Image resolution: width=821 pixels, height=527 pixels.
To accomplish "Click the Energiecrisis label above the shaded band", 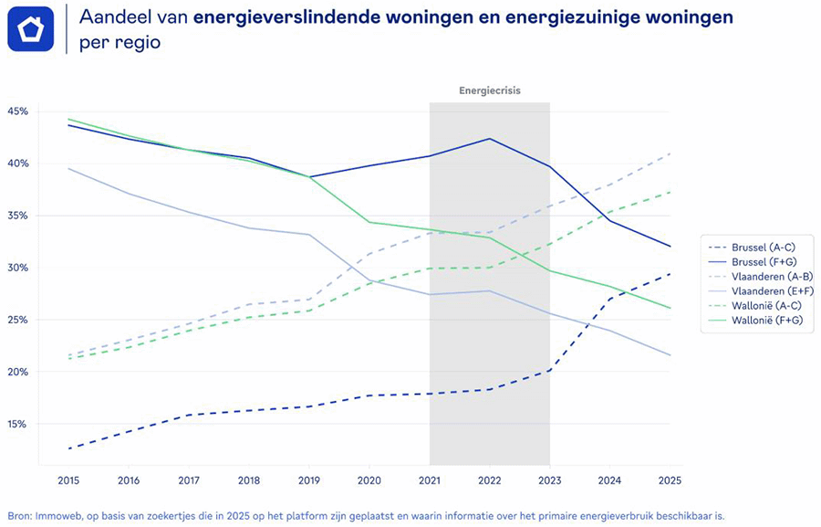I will [x=490, y=90].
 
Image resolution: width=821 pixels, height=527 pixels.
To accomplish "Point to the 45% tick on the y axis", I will [x=18, y=111].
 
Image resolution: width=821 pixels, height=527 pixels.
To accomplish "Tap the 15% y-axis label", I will [x=18, y=425].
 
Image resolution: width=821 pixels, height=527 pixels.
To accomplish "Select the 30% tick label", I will [x=18, y=268].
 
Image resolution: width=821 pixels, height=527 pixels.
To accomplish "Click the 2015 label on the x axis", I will [x=68, y=480].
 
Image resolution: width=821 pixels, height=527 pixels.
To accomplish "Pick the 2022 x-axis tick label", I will [x=490, y=480].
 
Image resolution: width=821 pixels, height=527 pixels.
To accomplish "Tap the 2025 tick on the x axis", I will [x=670, y=480].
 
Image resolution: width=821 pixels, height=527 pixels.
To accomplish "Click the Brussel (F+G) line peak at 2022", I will [x=490, y=139].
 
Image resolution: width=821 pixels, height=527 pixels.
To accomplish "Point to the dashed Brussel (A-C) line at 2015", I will [x=68, y=448].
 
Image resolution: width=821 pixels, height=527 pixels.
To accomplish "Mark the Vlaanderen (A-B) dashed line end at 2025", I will [x=670, y=153].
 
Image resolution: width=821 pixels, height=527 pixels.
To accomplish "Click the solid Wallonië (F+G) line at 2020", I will [x=369, y=222].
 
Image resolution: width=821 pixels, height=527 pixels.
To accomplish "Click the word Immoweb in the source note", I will [x=54, y=515].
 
